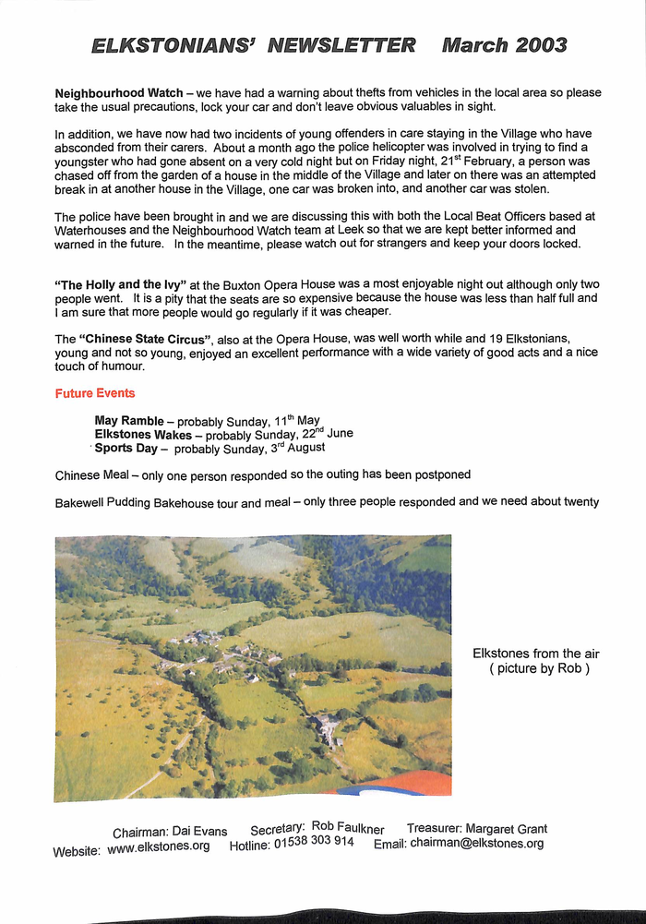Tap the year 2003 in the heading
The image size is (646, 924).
pyautogui.click(x=530, y=44)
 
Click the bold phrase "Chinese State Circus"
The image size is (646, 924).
pyautogui.click(x=144, y=339)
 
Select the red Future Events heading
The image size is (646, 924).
pyautogui.click(x=94, y=393)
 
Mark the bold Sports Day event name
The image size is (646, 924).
pyautogui.click(x=127, y=448)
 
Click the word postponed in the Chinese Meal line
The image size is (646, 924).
pyautogui.click(x=434, y=474)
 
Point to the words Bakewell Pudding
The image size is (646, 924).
pyautogui.click(x=106, y=502)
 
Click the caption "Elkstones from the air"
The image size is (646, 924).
pyautogui.click(x=535, y=654)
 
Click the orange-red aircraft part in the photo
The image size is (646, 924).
pyautogui.click(x=406, y=783)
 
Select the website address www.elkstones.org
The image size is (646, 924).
pyautogui.click(x=158, y=846)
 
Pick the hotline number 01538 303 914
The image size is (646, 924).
pyautogui.click(x=313, y=844)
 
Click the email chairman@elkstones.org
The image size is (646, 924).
pyautogui.click(x=476, y=843)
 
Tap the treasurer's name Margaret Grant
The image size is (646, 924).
pyautogui.click(x=506, y=829)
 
